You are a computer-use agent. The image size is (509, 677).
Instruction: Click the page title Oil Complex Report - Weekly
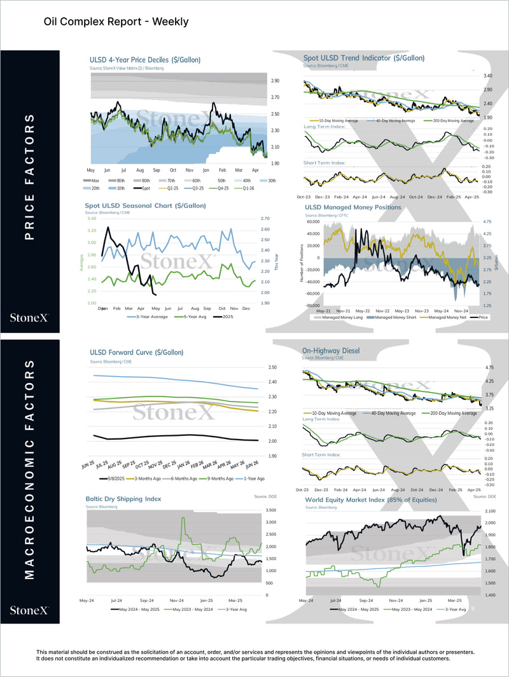pyautogui.click(x=116, y=22)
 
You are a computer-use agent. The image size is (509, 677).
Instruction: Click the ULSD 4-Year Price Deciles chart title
pyautogui.click(x=145, y=60)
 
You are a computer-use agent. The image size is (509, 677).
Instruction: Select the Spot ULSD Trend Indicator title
pyautogui.click(x=364, y=58)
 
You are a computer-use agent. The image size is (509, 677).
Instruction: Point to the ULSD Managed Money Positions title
pyautogui.click(x=352, y=207)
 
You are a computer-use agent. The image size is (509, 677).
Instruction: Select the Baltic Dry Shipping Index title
pyautogui.click(x=123, y=499)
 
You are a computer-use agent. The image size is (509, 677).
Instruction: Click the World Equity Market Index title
pyautogui.click(x=370, y=500)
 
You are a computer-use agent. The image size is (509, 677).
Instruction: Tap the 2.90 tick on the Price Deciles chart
pyautogui.click(x=275, y=81)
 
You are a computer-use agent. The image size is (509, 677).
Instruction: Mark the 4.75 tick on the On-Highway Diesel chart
pyautogui.click(x=489, y=368)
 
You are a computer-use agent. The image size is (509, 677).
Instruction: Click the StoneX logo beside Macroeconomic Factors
pyautogui.click(x=29, y=610)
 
